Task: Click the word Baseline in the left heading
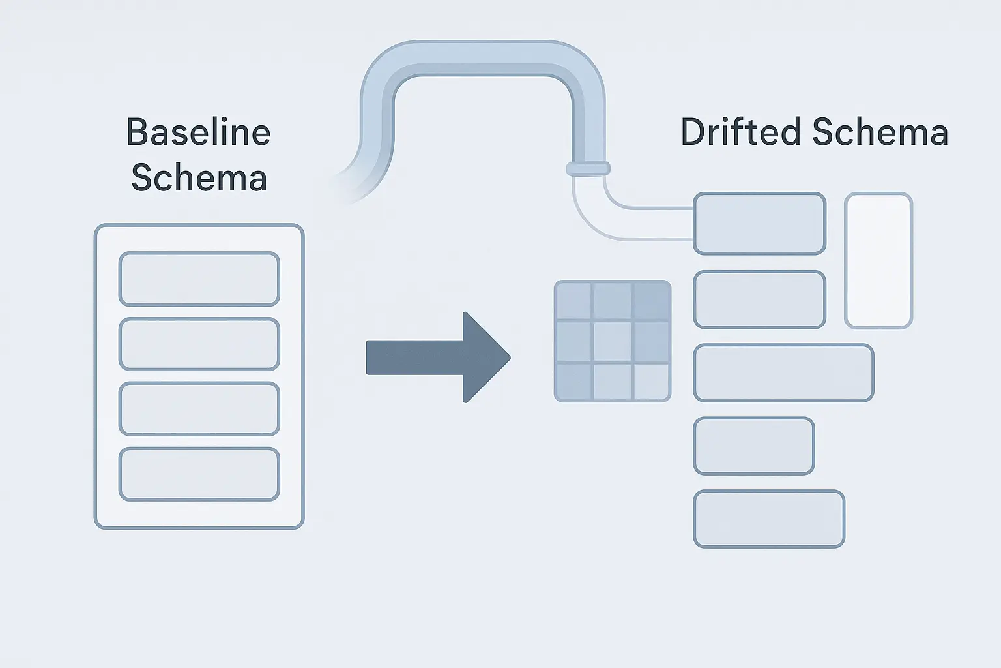pyautogui.click(x=198, y=132)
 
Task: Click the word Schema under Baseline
pyautogui.click(x=199, y=177)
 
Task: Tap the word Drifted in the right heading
pyautogui.click(x=740, y=132)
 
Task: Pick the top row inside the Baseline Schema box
pyautogui.click(x=199, y=279)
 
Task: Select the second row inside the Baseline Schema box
pyautogui.click(x=199, y=344)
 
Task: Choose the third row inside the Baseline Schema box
pyautogui.click(x=199, y=408)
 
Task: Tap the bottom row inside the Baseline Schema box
pyautogui.click(x=199, y=474)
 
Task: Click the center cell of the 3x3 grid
pyautogui.click(x=613, y=341)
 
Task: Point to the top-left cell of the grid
pyautogui.click(x=573, y=301)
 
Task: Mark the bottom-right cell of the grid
pyautogui.click(x=651, y=381)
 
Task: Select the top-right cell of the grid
pyautogui.click(x=651, y=301)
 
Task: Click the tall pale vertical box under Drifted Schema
pyautogui.click(x=878, y=260)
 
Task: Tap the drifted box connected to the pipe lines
pyautogui.click(x=759, y=223)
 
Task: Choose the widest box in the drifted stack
pyautogui.click(x=783, y=372)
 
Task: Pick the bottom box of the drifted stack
pyautogui.click(x=769, y=519)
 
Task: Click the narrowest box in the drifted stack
pyautogui.click(x=754, y=446)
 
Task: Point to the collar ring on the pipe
pyautogui.click(x=588, y=169)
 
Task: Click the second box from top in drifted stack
pyautogui.click(x=759, y=299)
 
